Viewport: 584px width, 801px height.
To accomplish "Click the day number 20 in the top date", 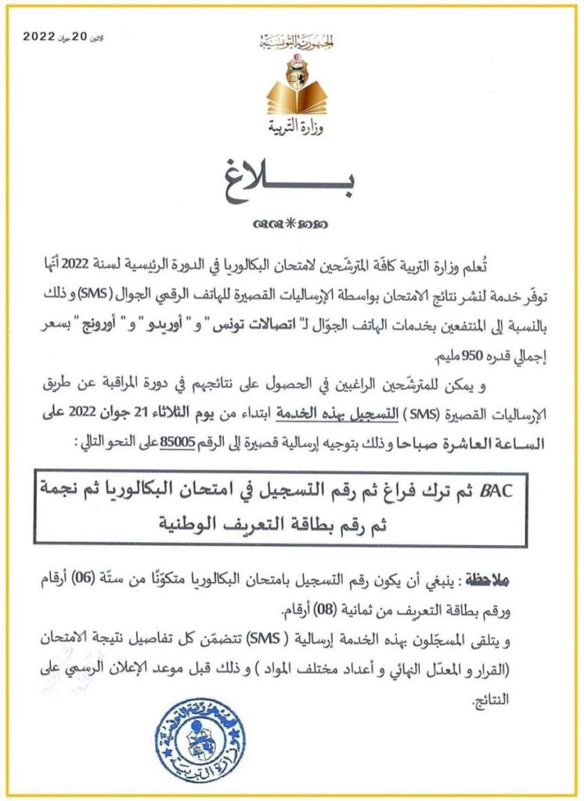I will [80, 37].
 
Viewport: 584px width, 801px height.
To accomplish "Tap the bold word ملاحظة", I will [485, 580].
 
